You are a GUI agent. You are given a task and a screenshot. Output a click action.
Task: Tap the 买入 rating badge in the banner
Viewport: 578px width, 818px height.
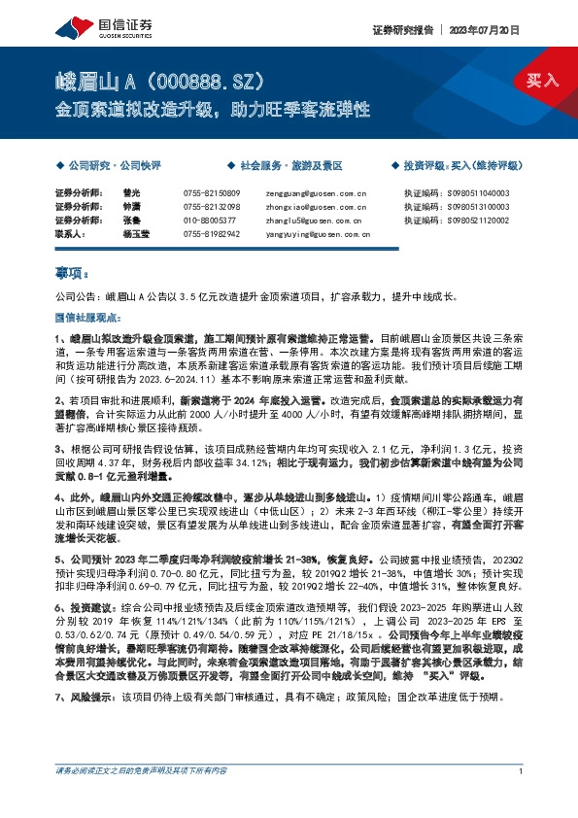(x=542, y=80)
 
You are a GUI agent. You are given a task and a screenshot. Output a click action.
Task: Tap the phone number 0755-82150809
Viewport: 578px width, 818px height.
(x=211, y=192)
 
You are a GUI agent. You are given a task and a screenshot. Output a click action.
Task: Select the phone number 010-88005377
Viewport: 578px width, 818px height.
(x=209, y=221)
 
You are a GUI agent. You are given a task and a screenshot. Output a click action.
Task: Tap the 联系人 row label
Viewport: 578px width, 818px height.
(x=72, y=234)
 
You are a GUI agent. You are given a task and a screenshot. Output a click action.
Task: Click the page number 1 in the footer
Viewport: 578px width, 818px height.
(x=522, y=798)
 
